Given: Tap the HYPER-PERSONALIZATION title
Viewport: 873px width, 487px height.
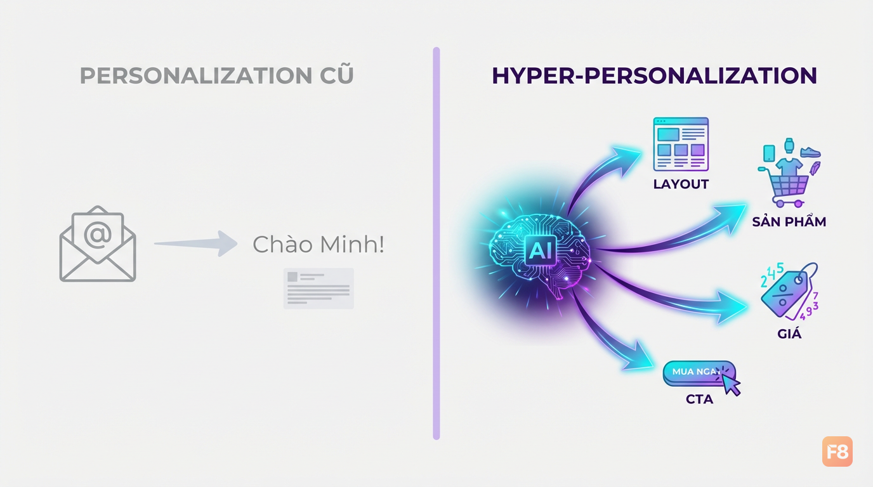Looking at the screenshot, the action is [x=654, y=75].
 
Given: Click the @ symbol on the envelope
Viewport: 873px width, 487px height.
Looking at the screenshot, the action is [x=98, y=235].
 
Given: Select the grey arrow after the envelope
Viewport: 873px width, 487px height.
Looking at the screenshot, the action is [x=196, y=243].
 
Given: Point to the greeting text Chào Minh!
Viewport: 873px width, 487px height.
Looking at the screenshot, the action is [x=318, y=245].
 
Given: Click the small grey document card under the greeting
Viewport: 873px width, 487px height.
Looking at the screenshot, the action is [x=318, y=289].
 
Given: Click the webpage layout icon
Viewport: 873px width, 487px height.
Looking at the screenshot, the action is [x=681, y=144].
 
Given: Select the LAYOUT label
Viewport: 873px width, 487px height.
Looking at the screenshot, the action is [x=681, y=185].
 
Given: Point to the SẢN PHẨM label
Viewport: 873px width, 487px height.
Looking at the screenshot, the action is [x=789, y=222].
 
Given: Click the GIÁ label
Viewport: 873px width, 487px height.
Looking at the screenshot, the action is [x=789, y=334].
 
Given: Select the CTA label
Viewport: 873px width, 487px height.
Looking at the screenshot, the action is [x=699, y=399].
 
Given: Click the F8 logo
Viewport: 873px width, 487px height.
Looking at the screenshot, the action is [x=837, y=451].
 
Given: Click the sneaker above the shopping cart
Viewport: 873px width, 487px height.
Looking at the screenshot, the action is [x=810, y=152].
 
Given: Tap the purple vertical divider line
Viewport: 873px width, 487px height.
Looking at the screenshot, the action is [x=436, y=243].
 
